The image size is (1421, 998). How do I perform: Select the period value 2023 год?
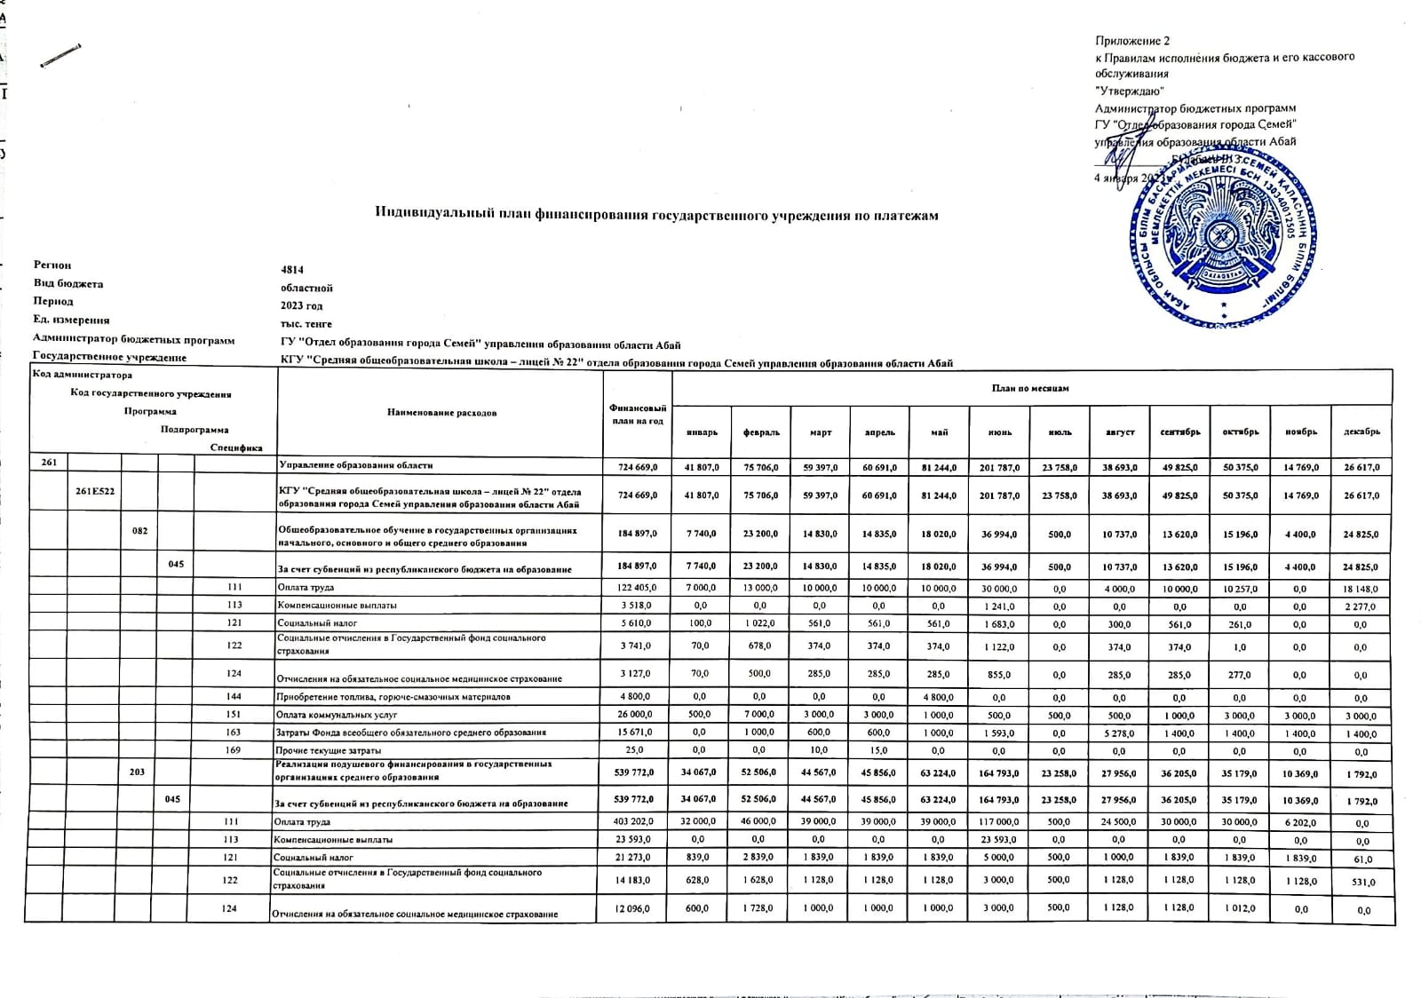coord(302,305)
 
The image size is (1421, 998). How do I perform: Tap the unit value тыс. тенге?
coord(306,324)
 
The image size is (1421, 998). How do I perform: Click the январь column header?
coord(702,432)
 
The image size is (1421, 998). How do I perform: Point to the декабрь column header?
coord(1361,432)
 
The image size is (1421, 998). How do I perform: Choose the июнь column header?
coord(1000,432)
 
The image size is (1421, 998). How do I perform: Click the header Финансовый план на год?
coord(636,414)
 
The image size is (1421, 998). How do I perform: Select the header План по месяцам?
coord(1030,388)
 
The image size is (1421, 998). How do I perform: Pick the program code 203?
coord(137,772)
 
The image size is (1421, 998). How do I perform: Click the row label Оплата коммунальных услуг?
coord(337,715)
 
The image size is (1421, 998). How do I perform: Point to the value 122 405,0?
coord(636,589)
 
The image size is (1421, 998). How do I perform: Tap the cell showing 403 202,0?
coord(636,822)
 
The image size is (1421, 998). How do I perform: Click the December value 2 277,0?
coord(1361,607)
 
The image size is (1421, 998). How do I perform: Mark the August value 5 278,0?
coord(1120,733)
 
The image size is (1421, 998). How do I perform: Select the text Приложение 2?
coord(1132,42)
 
